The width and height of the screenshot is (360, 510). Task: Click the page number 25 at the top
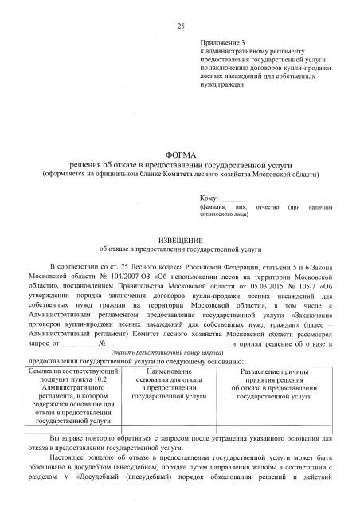tap(181, 27)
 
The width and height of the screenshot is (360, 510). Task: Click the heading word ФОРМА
tap(180, 153)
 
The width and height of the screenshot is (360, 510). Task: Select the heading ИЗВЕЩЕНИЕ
tap(180, 239)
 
